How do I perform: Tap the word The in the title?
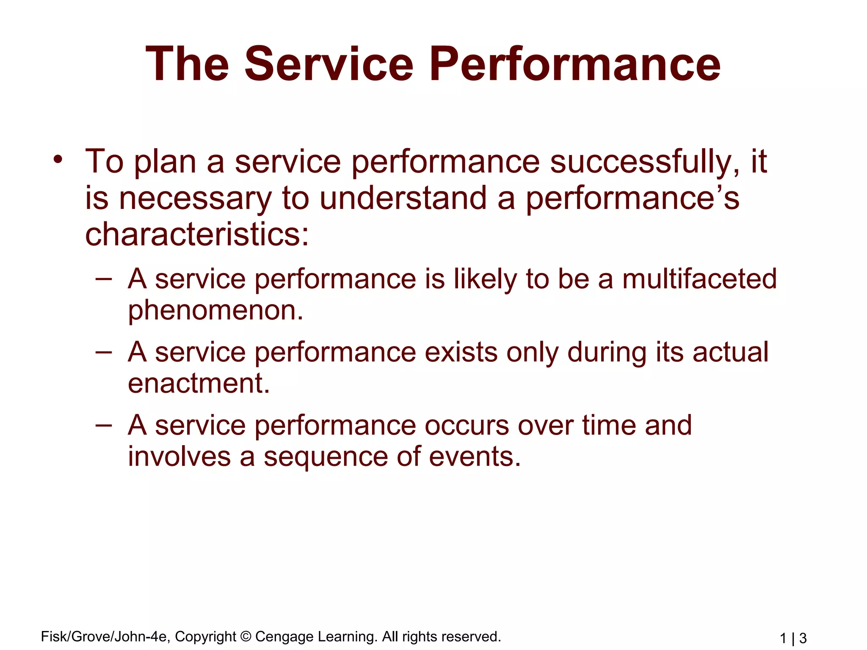point(188,64)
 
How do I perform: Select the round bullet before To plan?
point(58,160)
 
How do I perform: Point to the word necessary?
point(195,199)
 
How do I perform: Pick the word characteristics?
point(197,235)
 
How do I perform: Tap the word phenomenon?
point(215,311)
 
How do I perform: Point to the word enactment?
point(199,383)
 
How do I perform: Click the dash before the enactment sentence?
point(104,352)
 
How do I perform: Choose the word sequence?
point(325,457)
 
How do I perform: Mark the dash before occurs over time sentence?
point(104,424)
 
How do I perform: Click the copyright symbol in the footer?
point(246,636)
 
